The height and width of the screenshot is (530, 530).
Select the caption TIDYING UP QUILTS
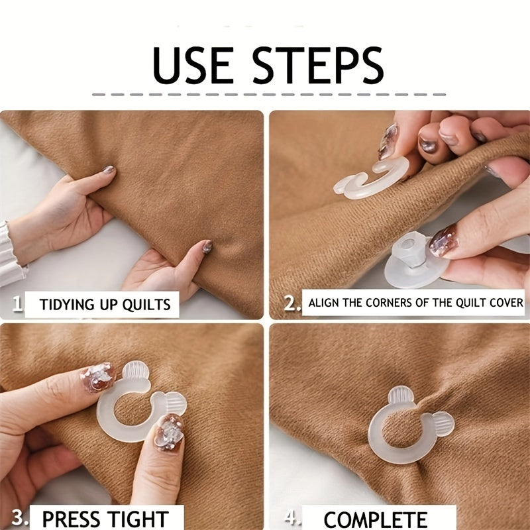[x=105, y=305]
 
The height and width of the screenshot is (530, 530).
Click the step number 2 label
[x=291, y=303]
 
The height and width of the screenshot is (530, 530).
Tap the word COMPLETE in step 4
[x=375, y=519]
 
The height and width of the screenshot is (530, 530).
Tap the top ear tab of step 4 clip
[x=401, y=396]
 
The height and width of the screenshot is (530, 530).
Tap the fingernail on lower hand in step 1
[x=207, y=247]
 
